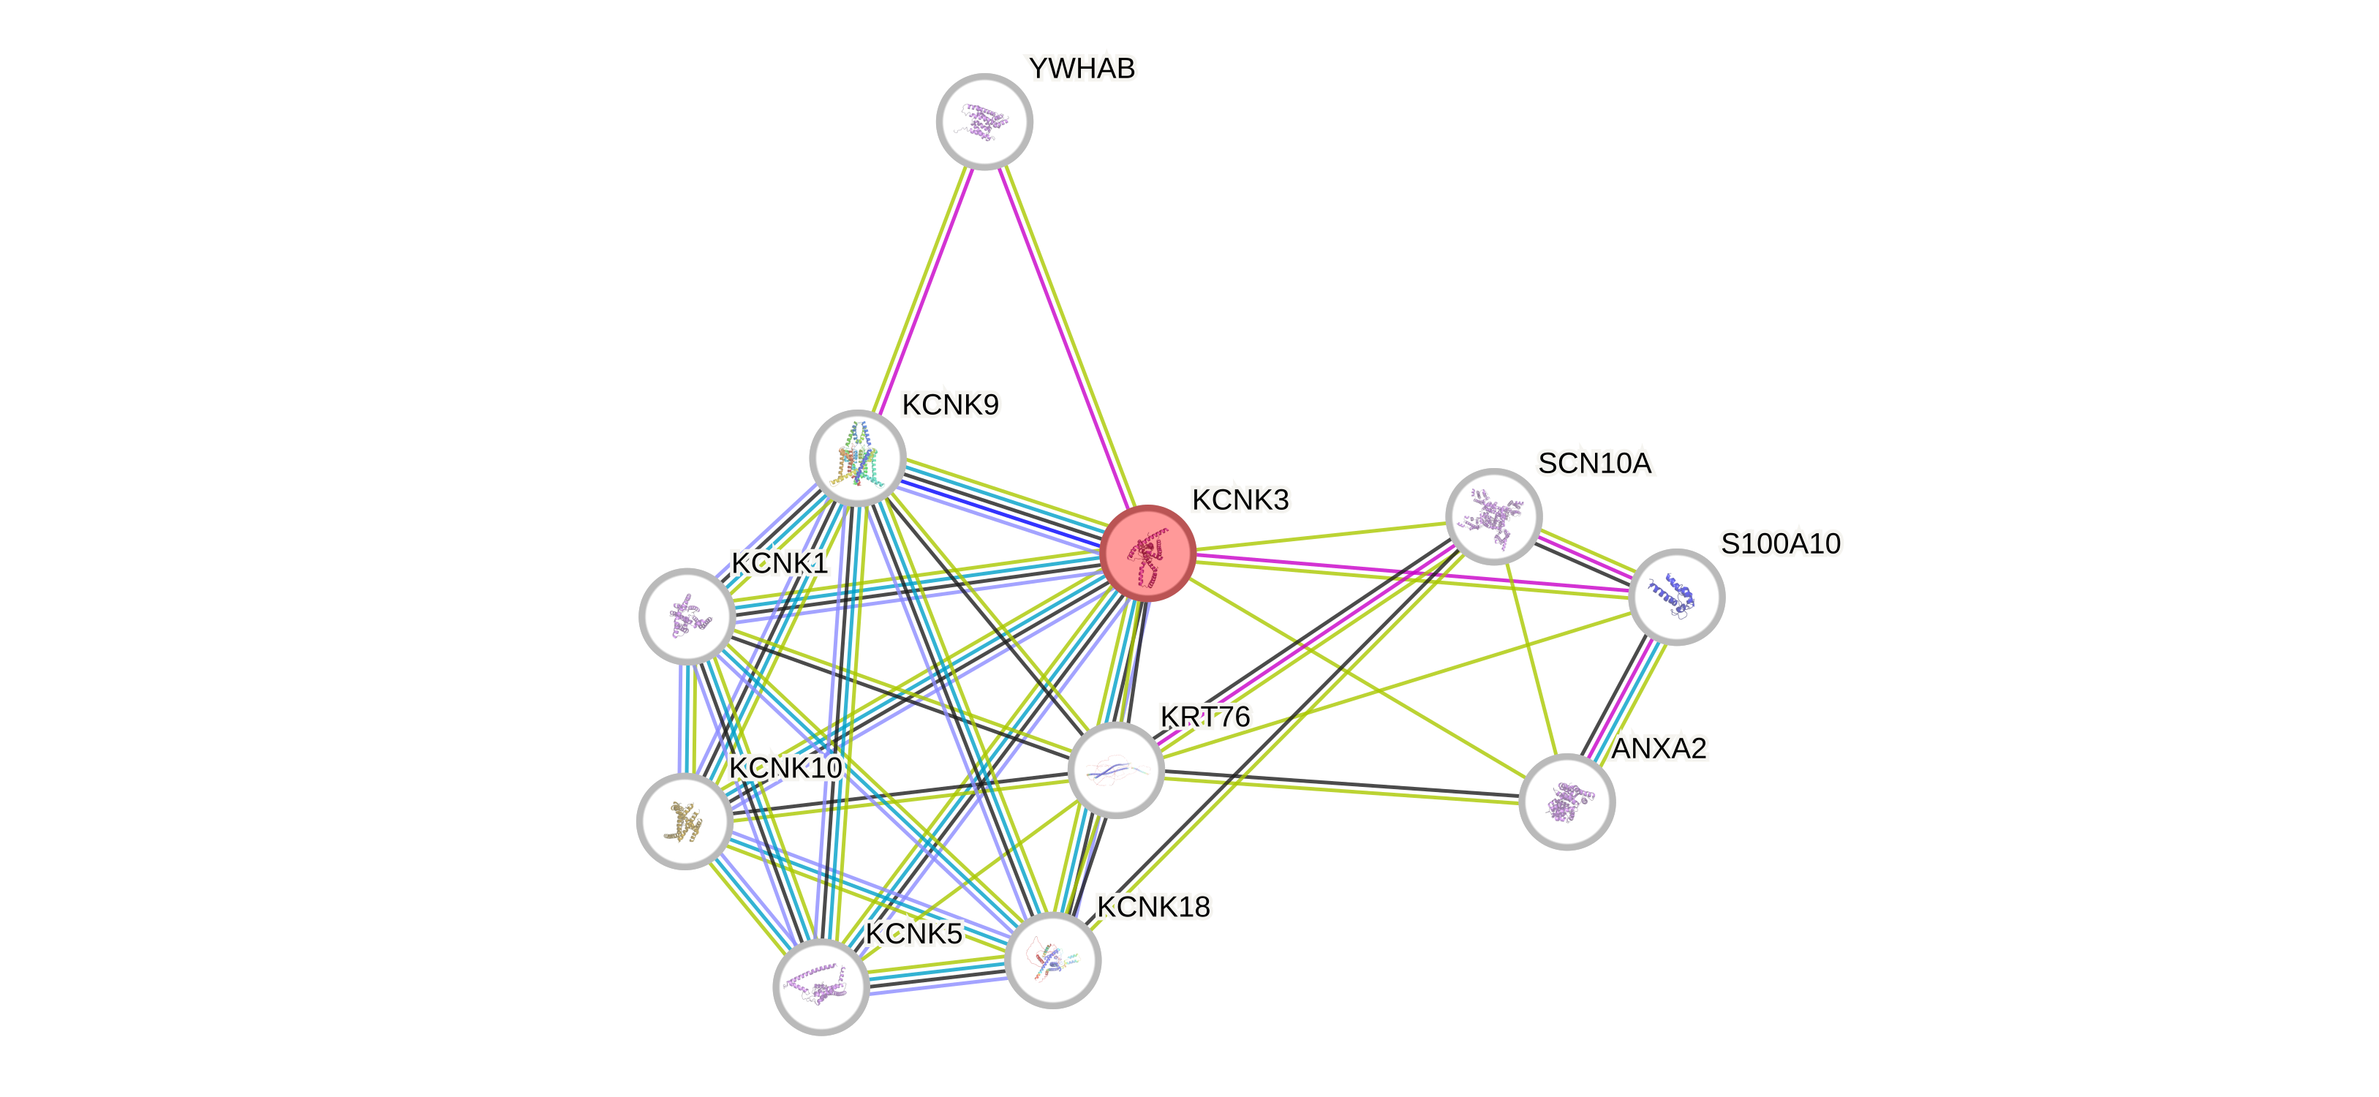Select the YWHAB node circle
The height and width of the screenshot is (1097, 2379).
(984, 121)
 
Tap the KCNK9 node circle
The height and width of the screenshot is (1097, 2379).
(857, 457)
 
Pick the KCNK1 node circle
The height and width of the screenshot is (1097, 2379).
(687, 615)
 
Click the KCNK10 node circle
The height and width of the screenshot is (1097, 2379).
(685, 821)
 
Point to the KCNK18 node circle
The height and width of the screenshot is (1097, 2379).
(1053, 960)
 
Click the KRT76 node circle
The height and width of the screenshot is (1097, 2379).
(1115, 770)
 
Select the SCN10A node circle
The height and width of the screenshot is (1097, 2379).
(1493, 516)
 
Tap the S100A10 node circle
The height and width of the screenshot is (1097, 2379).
(1676, 597)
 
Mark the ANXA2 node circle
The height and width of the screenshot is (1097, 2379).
(1567, 802)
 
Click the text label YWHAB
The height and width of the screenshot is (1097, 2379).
(1082, 68)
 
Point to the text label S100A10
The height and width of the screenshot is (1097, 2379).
(1779, 543)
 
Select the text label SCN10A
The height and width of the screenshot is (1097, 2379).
(1594, 463)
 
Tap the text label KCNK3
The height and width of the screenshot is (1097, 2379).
(1240, 500)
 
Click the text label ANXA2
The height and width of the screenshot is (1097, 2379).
(1659, 748)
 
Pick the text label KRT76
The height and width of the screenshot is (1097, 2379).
(1205, 717)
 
